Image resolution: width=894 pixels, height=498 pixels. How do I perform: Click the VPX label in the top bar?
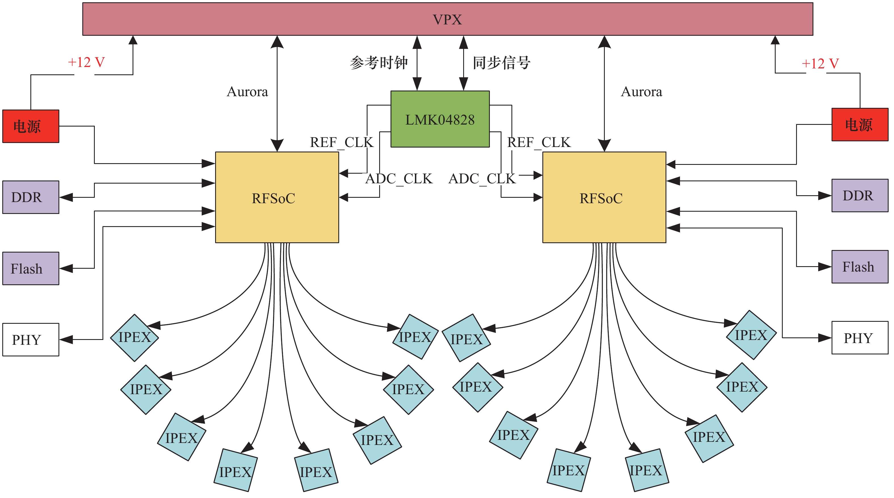pos(447,19)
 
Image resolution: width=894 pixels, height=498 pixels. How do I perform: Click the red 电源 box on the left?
pos(31,126)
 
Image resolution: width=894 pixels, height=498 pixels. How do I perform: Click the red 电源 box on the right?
pos(860,125)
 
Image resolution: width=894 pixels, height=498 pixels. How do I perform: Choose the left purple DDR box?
pos(31,197)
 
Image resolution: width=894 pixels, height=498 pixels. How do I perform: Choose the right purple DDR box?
pos(860,196)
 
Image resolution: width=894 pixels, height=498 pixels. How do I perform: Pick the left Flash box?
pos(31,269)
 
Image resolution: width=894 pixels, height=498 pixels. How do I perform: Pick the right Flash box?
pos(860,267)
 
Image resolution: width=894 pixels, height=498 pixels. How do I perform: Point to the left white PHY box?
pos(31,340)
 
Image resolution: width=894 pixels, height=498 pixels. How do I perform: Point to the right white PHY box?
pos(860,338)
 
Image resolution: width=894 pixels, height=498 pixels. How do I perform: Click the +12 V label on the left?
pos(86,62)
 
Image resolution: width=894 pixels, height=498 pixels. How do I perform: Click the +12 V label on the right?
pos(820,64)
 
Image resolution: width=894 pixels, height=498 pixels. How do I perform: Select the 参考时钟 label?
pos(379,63)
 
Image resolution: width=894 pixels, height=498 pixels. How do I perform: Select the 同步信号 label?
pos(501,63)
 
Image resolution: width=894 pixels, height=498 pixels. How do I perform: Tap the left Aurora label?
pos(247,92)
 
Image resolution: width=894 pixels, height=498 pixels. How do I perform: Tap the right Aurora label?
pos(641,92)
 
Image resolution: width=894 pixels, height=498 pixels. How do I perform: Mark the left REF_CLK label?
pos(341,142)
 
